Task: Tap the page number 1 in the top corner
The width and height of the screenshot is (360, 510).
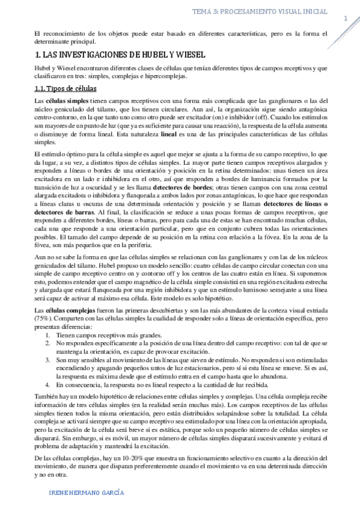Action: click(x=346, y=20)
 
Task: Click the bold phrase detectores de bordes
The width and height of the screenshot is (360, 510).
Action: click(x=178, y=188)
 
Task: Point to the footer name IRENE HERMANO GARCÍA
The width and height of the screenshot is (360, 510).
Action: click(x=87, y=492)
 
